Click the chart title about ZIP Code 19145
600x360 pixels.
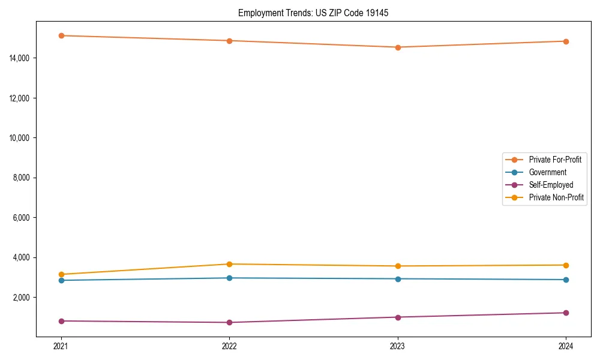coord(313,13)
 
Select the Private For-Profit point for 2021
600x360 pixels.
coord(61,35)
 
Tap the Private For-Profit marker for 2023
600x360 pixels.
coord(398,47)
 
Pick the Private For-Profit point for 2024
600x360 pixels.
coord(566,41)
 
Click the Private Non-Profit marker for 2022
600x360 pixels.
coord(229,264)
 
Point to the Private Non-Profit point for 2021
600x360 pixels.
coord(61,274)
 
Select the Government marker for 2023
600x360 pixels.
coord(398,278)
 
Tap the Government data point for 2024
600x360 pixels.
coord(566,280)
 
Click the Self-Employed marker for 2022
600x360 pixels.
coord(229,322)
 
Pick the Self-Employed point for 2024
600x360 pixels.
coord(566,313)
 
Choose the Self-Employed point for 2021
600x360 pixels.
coord(61,321)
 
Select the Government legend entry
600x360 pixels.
coord(547,172)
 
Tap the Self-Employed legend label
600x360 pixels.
coord(551,185)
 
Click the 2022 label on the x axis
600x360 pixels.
coord(229,346)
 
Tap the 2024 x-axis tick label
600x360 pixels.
coord(566,346)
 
